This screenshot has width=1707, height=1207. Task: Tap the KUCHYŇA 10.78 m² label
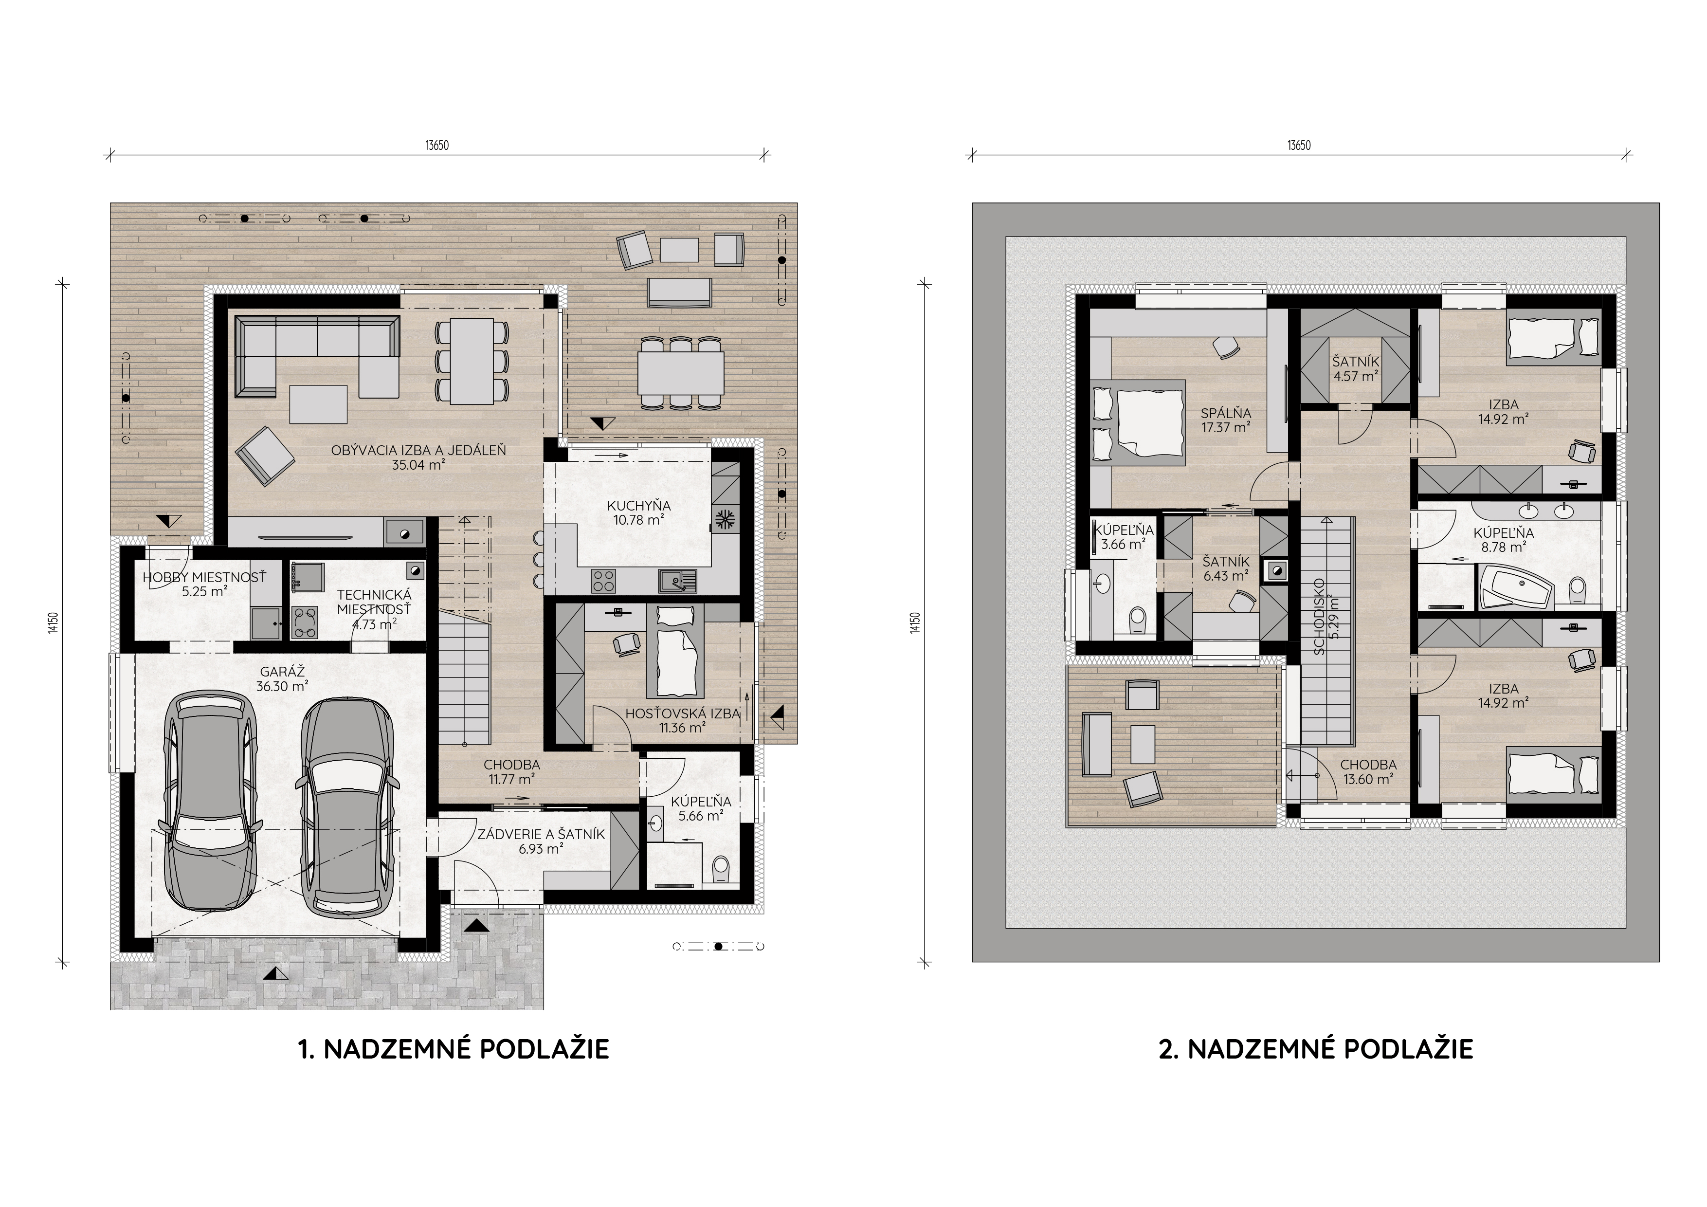638,512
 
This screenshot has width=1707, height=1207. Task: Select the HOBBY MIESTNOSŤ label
204,578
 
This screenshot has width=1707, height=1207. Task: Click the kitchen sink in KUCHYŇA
677,581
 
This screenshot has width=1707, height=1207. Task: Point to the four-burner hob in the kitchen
604,581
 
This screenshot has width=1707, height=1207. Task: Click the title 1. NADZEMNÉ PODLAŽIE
454,1049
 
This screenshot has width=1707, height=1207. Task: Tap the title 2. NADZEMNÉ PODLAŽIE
1316,1049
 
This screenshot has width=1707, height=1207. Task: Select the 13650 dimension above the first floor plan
437,146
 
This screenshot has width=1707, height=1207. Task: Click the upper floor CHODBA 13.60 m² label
1368,771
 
